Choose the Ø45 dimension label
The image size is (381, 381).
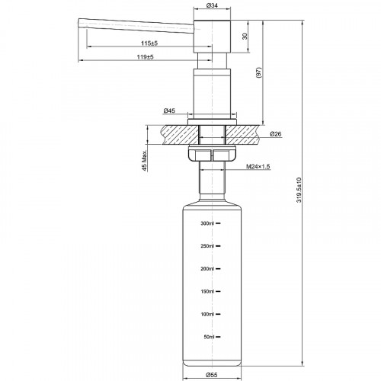coord(169,112)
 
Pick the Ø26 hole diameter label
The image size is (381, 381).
coord(276,135)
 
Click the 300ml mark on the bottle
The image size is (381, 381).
coord(208,223)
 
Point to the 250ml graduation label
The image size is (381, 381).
coord(208,246)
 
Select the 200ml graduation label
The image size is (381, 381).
coord(208,269)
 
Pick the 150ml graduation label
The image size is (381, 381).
coord(208,292)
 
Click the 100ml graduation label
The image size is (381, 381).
coord(208,314)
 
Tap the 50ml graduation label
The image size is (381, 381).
coord(210,337)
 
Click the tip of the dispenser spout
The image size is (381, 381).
coord(79,25)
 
